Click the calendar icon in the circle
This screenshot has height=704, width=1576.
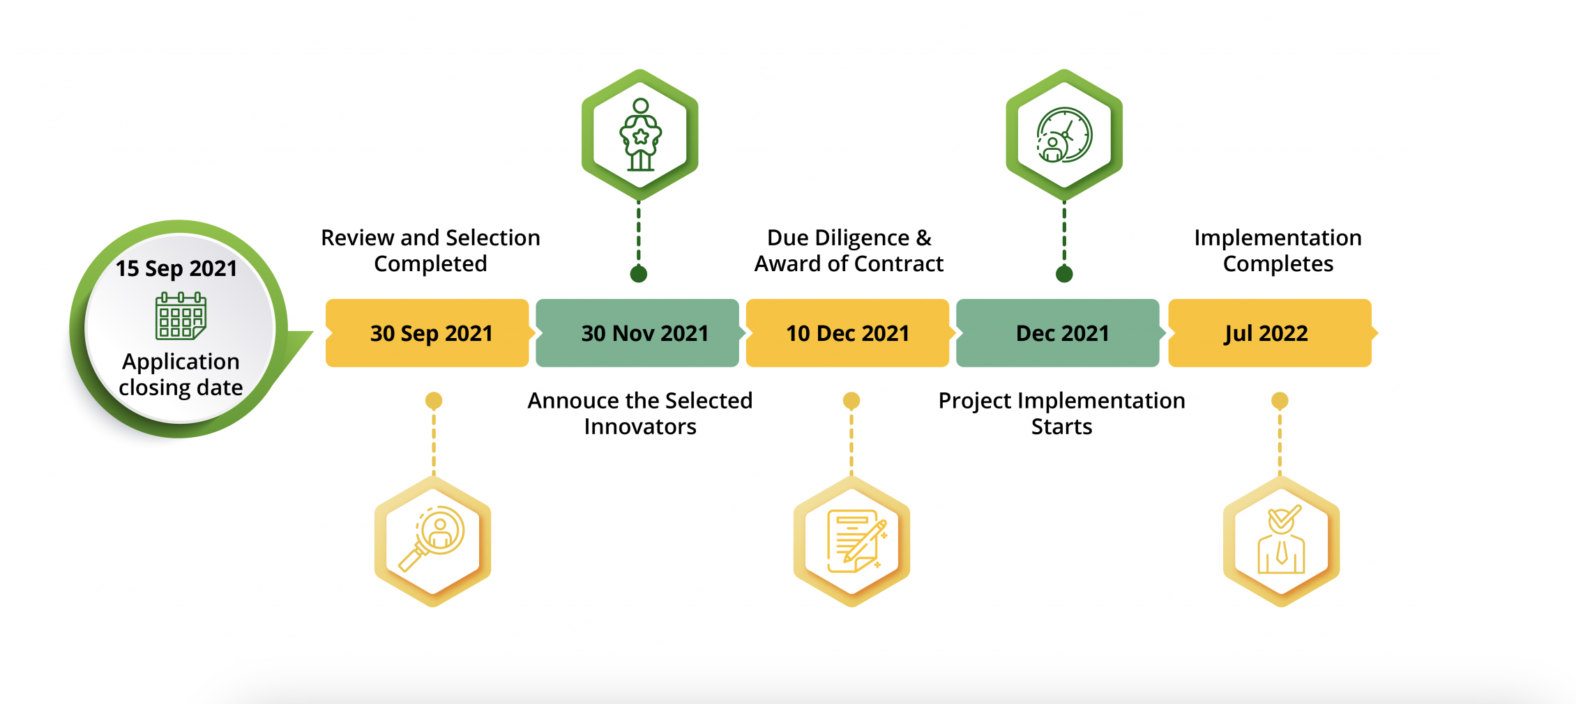tap(181, 316)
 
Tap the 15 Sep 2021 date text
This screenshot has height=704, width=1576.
tap(176, 269)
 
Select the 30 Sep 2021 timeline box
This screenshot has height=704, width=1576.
tap(427, 333)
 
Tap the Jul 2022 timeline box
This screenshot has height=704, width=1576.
tap(1270, 333)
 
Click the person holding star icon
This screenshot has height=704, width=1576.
tap(641, 135)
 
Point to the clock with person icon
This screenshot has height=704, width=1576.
tap(1064, 135)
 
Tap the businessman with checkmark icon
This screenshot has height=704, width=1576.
tap(1281, 540)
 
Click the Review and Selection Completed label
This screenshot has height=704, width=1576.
tap(430, 251)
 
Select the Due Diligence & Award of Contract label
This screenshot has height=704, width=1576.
tap(849, 251)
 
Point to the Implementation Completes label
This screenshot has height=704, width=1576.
tap(1278, 251)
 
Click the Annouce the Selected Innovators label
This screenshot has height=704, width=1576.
tap(640, 413)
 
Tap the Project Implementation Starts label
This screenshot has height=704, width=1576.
tap(1061, 413)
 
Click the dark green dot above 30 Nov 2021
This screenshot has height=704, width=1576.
tap(639, 274)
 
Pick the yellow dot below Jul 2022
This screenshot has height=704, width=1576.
tap(1280, 401)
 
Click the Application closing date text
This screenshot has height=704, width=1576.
tap(181, 374)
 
